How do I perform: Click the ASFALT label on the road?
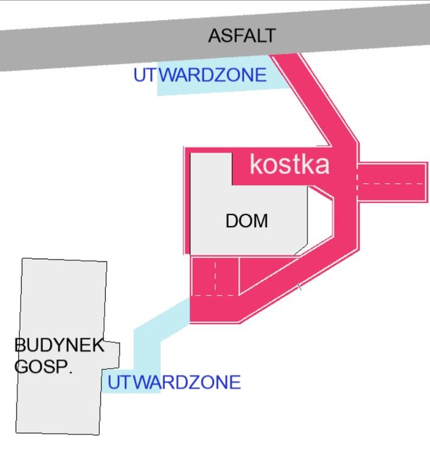coord(241,36)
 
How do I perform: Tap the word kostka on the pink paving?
coord(290,165)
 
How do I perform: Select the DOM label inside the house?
coord(246,221)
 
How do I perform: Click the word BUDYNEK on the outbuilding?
coord(59,346)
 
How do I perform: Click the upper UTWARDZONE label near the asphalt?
coord(200,75)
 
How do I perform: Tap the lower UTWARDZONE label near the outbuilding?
coord(174,382)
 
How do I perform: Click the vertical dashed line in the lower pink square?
coord(215,277)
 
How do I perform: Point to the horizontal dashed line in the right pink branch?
coord(389,183)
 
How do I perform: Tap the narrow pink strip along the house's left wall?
coord(187,201)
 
